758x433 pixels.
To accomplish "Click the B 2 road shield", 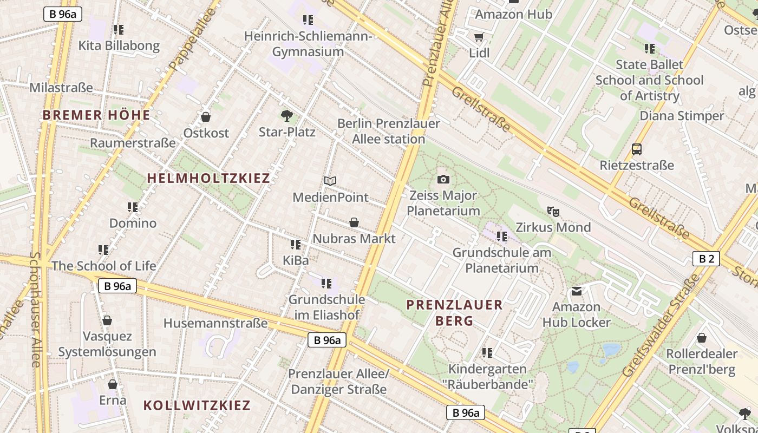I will pos(706,259).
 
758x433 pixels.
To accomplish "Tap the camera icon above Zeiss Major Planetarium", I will pos(443,179).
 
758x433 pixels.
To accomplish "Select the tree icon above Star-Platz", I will pos(286,115).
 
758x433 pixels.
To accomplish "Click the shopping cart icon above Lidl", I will pos(479,37).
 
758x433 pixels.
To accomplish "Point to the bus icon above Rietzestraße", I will pos(637,149).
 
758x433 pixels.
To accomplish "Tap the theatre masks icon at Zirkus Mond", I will pos(553,211).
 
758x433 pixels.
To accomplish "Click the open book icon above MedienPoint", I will pos(330,181).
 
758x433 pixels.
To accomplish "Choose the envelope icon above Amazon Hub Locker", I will pos(577,291).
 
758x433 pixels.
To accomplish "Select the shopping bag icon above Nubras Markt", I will pos(354,222).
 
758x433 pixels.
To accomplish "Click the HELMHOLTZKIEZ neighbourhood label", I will pos(208,178).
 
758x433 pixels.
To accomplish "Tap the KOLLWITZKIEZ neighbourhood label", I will pos(197,405).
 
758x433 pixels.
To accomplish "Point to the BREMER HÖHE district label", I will pos(96,115).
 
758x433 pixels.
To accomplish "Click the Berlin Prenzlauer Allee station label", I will pos(389,131).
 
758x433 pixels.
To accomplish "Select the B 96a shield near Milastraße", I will pos(63,14).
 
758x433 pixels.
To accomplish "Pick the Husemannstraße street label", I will pos(215,323).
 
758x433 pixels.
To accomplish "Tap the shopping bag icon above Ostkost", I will pos(206,117).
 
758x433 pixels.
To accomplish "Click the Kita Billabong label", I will pos(119,45).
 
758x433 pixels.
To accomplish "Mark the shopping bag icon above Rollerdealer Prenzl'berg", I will pos(702,338).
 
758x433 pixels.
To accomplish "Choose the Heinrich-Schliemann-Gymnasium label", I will pos(308,44).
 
